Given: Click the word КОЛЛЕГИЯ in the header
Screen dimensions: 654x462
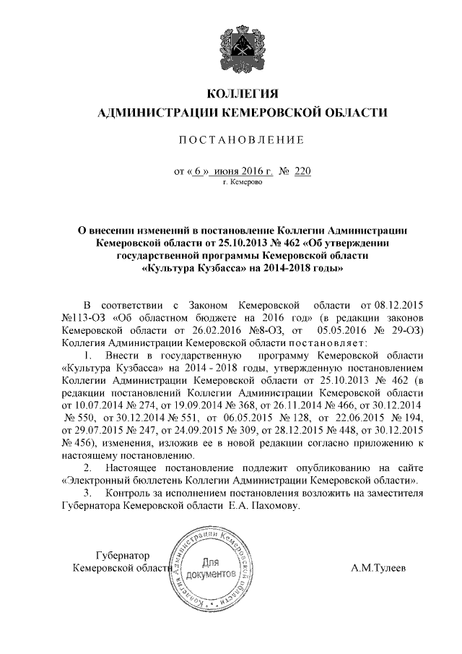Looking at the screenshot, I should [x=243, y=94].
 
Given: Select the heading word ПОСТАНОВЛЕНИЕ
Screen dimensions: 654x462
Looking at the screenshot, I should [x=242, y=139].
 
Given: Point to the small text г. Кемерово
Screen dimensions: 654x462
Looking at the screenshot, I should [x=243, y=184].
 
